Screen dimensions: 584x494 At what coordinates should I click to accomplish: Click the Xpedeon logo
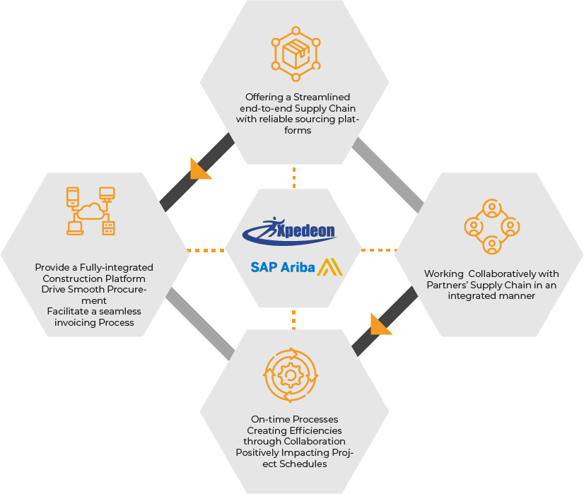click(x=289, y=231)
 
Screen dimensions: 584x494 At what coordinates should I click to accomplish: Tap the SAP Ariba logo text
click(x=283, y=267)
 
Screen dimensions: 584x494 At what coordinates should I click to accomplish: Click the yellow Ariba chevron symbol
click(x=329, y=267)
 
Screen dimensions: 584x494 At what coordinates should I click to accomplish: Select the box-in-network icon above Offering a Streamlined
click(x=296, y=54)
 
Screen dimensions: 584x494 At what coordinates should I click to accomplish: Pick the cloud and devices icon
click(x=90, y=211)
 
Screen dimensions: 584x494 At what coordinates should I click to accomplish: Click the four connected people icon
click(x=492, y=227)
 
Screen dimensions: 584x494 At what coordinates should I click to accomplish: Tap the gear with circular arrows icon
click(x=291, y=375)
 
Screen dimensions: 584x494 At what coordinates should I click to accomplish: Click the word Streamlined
click(x=322, y=97)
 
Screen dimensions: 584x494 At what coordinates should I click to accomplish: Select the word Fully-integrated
click(x=117, y=268)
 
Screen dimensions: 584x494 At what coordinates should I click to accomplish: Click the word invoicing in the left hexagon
click(x=73, y=323)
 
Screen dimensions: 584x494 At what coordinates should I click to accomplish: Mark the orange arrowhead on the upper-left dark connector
click(x=199, y=170)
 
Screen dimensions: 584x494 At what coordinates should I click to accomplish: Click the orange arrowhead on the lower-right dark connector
click(x=380, y=324)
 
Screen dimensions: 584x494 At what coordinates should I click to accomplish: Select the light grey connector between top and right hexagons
click(x=387, y=175)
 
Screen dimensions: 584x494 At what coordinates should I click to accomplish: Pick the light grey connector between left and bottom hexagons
click(x=200, y=324)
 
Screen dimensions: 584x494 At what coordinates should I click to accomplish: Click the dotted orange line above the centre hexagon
click(x=294, y=177)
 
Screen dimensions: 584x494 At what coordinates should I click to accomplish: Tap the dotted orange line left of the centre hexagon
click(x=206, y=251)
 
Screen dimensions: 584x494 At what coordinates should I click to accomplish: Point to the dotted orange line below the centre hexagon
click(x=294, y=319)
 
